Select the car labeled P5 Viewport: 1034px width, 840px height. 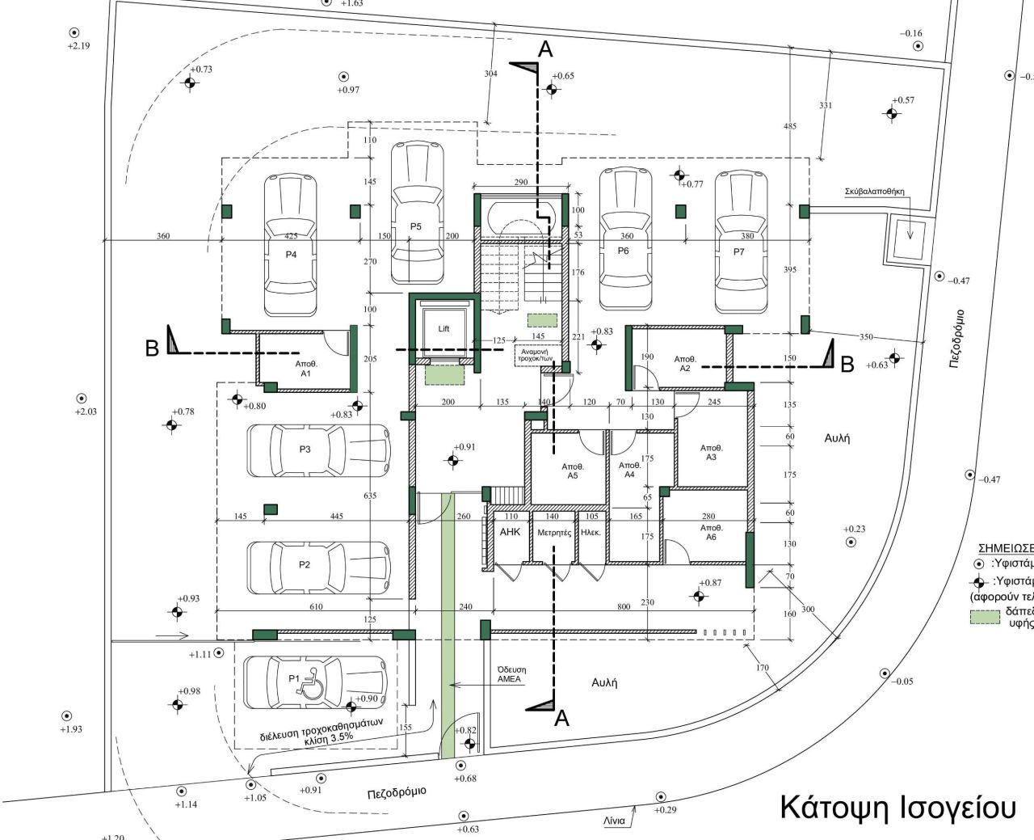click(417, 213)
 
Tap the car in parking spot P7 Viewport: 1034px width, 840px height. click(741, 240)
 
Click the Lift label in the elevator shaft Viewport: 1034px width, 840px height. click(443, 329)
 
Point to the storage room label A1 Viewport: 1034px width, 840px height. click(305, 369)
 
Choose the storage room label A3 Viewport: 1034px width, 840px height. click(711, 453)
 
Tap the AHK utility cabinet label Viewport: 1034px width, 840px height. click(511, 533)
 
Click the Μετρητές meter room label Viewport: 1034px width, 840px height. click(554, 533)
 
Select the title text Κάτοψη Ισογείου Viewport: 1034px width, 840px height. click(897, 808)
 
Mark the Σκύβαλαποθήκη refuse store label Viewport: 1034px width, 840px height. click(875, 192)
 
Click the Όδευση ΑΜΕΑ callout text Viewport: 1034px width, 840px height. click(511, 674)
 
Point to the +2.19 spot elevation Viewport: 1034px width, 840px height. click(78, 46)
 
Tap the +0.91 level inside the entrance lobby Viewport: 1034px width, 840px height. click(464, 447)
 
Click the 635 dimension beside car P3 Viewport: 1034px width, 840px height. click(370, 496)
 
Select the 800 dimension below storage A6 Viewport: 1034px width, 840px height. click(624, 606)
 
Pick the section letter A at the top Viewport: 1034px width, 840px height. click(545, 50)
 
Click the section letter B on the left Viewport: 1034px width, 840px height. click(152, 349)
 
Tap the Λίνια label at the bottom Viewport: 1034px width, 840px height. click(613, 821)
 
